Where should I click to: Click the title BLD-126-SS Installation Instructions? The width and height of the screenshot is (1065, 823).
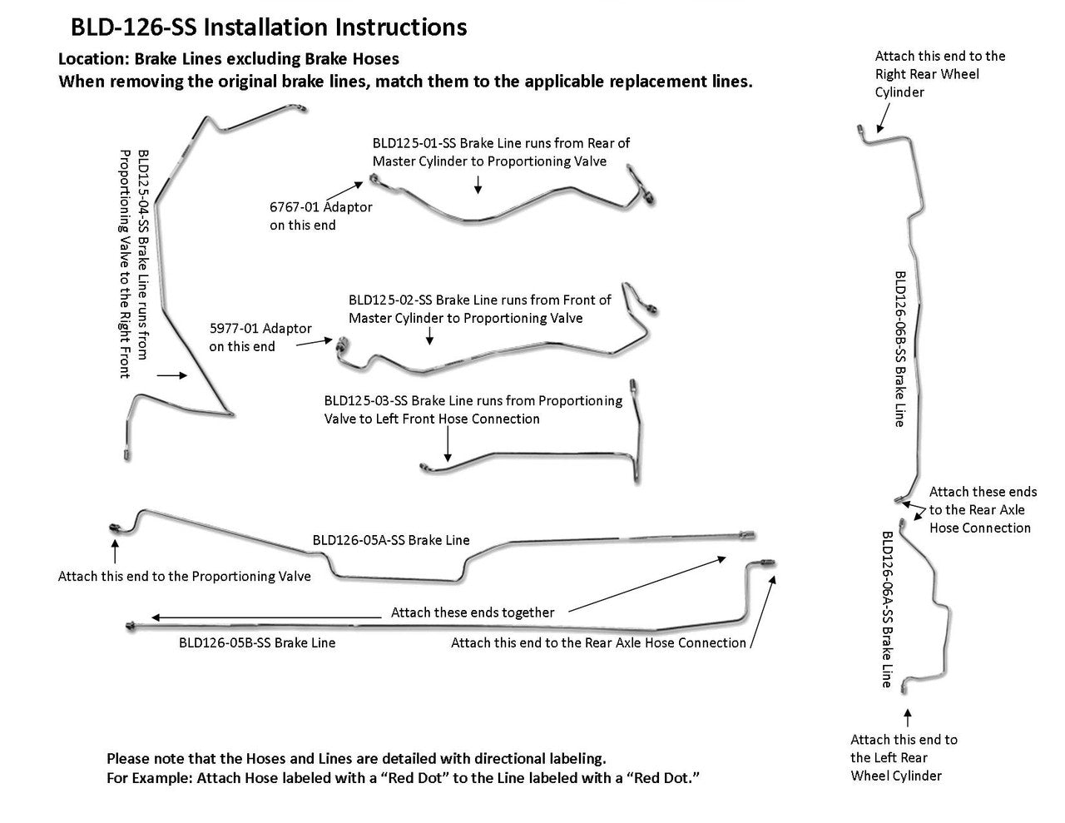point(269,27)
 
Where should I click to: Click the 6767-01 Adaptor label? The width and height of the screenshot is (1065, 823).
point(320,206)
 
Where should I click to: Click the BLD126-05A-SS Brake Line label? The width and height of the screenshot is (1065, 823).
point(391,540)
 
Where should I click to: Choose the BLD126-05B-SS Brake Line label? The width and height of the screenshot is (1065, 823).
point(257,642)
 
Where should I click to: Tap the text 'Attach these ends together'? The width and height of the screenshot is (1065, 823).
point(473,612)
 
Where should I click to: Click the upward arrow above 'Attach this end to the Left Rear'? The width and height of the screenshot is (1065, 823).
point(908,717)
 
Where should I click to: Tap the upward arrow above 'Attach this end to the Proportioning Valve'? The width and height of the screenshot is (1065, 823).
point(115,552)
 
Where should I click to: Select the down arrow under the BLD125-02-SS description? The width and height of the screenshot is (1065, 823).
point(430,335)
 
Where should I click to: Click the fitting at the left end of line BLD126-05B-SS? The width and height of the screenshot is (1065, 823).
point(131,625)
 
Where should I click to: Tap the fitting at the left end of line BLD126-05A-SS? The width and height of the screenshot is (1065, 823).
point(114,528)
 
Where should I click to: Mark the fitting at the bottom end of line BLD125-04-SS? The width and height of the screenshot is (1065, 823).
point(126,454)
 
